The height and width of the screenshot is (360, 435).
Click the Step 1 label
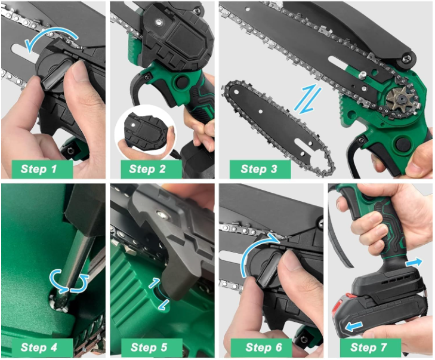coord(39,169)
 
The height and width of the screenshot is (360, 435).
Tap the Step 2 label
coord(147,169)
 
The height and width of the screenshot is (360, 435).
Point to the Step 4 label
coord(39,347)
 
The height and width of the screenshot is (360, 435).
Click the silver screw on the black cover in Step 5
coord(159,213)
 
